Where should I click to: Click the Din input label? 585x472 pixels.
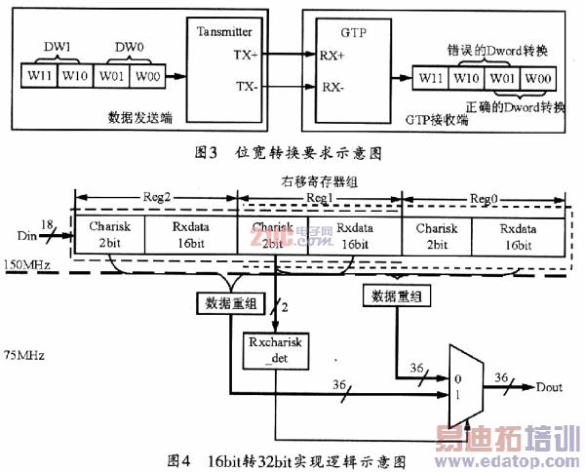click(24, 236)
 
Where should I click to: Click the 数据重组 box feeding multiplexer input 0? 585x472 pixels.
click(394, 295)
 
